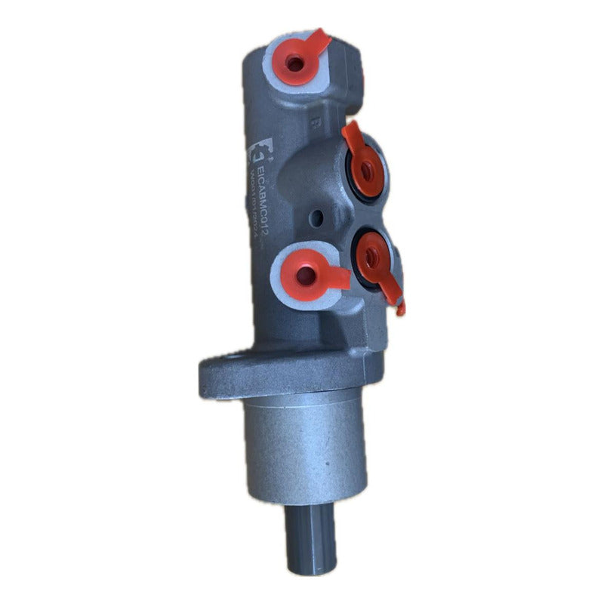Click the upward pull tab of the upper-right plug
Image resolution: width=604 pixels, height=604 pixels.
pos(351,136)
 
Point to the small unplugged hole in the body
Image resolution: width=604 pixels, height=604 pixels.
pos(318,220)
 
